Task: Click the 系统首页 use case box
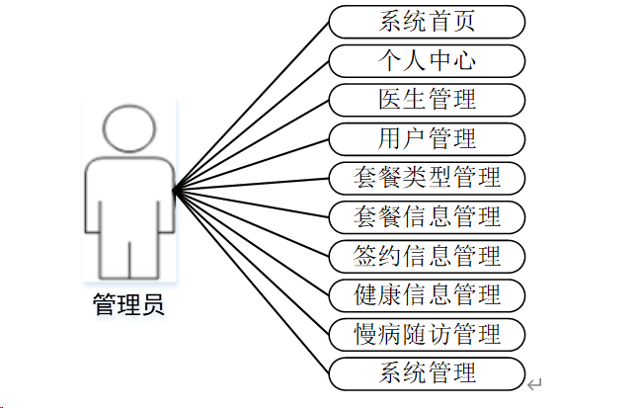point(427,21)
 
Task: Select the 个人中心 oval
point(427,60)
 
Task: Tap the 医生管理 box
point(427,99)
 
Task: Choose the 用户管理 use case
point(427,138)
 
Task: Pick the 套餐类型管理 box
point(427,178)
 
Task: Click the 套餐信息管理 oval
point(427,215)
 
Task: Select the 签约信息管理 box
point(427,255)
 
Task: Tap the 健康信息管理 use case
point(427,294)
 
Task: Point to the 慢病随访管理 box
point(427,333)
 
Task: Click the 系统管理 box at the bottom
point(427,372)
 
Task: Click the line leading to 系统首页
point(251,105)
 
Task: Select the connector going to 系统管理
point(251,282)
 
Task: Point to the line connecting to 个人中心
point(251,124)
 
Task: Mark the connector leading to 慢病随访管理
point(251,262)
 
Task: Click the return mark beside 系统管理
point(534,383)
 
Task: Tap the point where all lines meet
point(174,191)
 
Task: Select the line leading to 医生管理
point(251,144)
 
